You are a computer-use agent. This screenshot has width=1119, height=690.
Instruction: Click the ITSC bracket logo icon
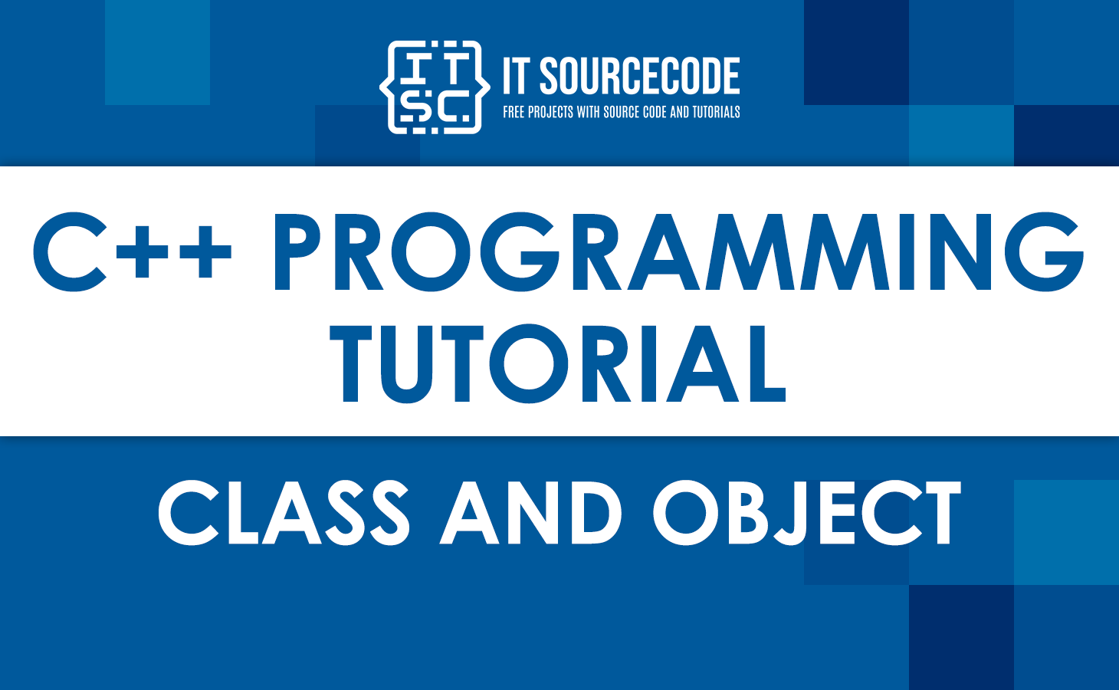click(435, 87)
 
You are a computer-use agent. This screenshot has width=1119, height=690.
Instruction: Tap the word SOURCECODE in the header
click(640, 77)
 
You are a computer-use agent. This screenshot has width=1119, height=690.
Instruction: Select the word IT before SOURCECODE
click(516, 77)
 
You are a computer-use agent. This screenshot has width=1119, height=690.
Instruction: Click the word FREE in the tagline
click(514, 112)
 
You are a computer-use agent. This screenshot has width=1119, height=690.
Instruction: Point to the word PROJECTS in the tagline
click(550, 112)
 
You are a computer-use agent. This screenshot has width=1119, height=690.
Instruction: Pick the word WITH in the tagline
click(588, 112)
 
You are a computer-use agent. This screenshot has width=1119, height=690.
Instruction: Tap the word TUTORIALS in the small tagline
click(716, 112)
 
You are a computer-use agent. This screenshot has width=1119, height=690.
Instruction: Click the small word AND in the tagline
click(679, 112)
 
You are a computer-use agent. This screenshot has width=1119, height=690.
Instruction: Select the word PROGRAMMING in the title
click(678, 253)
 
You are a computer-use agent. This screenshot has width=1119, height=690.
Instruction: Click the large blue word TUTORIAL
click(558, 363)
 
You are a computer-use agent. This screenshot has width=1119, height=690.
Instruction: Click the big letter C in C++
click(70, 253)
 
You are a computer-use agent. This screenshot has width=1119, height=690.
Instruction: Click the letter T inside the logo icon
click(454, 67)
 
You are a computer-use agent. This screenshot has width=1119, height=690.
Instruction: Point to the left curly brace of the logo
click(387, 87)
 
